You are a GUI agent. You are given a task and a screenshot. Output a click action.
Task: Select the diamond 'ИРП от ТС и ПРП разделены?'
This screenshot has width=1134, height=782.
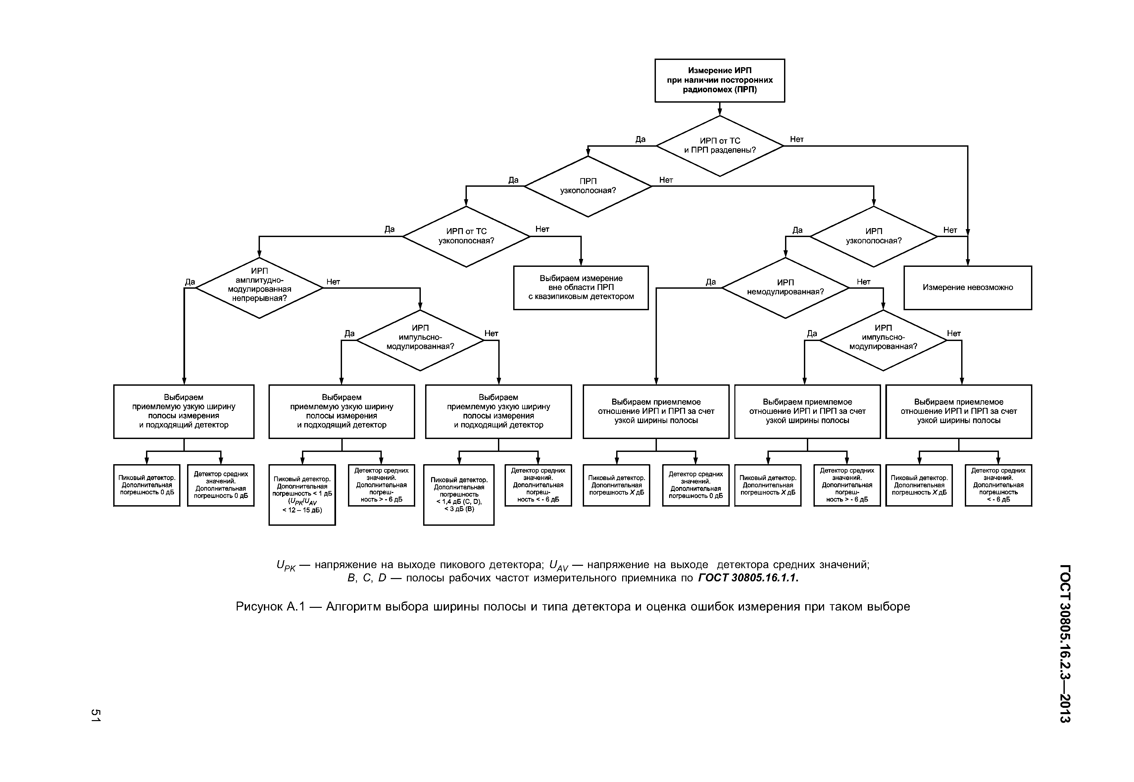pyautogui.click(x=719, y=146)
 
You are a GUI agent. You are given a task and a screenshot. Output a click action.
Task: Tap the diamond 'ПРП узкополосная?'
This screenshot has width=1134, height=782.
pyautogui.click(x=588, y=186)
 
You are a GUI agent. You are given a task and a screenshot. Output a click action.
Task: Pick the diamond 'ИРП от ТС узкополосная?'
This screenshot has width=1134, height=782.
pyautogui.click(x=466, y=236)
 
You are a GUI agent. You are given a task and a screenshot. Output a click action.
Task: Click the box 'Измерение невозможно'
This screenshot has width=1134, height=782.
pyautogui.click(x=967, y=288)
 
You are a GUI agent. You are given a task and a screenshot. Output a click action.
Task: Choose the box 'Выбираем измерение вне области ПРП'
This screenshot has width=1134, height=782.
pyautogui.click(x=581, y=288)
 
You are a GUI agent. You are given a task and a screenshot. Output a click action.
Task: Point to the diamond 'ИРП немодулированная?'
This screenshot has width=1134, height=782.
pyautogui.click(x=785, y=288)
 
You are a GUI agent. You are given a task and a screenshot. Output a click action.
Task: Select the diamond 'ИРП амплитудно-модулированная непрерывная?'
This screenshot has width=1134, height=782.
pyautogui.click(x=259, y=288)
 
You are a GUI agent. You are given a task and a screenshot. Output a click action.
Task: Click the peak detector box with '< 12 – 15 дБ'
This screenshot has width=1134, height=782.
pyautogui.click(x=302, y=495)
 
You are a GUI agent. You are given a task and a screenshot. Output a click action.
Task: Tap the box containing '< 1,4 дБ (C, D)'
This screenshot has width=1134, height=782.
pyautogui.click(x=459, y=495)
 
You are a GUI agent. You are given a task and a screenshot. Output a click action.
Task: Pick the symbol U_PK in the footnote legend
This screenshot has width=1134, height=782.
pyautogui.click(x=286, y=566)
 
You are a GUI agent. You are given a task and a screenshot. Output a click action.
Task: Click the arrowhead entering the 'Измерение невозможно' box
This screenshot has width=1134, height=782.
pyautogui.click(x=967, y=262)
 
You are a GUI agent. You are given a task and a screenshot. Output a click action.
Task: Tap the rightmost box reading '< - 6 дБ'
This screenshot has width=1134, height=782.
pyautogui.click(x=998, y=485)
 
